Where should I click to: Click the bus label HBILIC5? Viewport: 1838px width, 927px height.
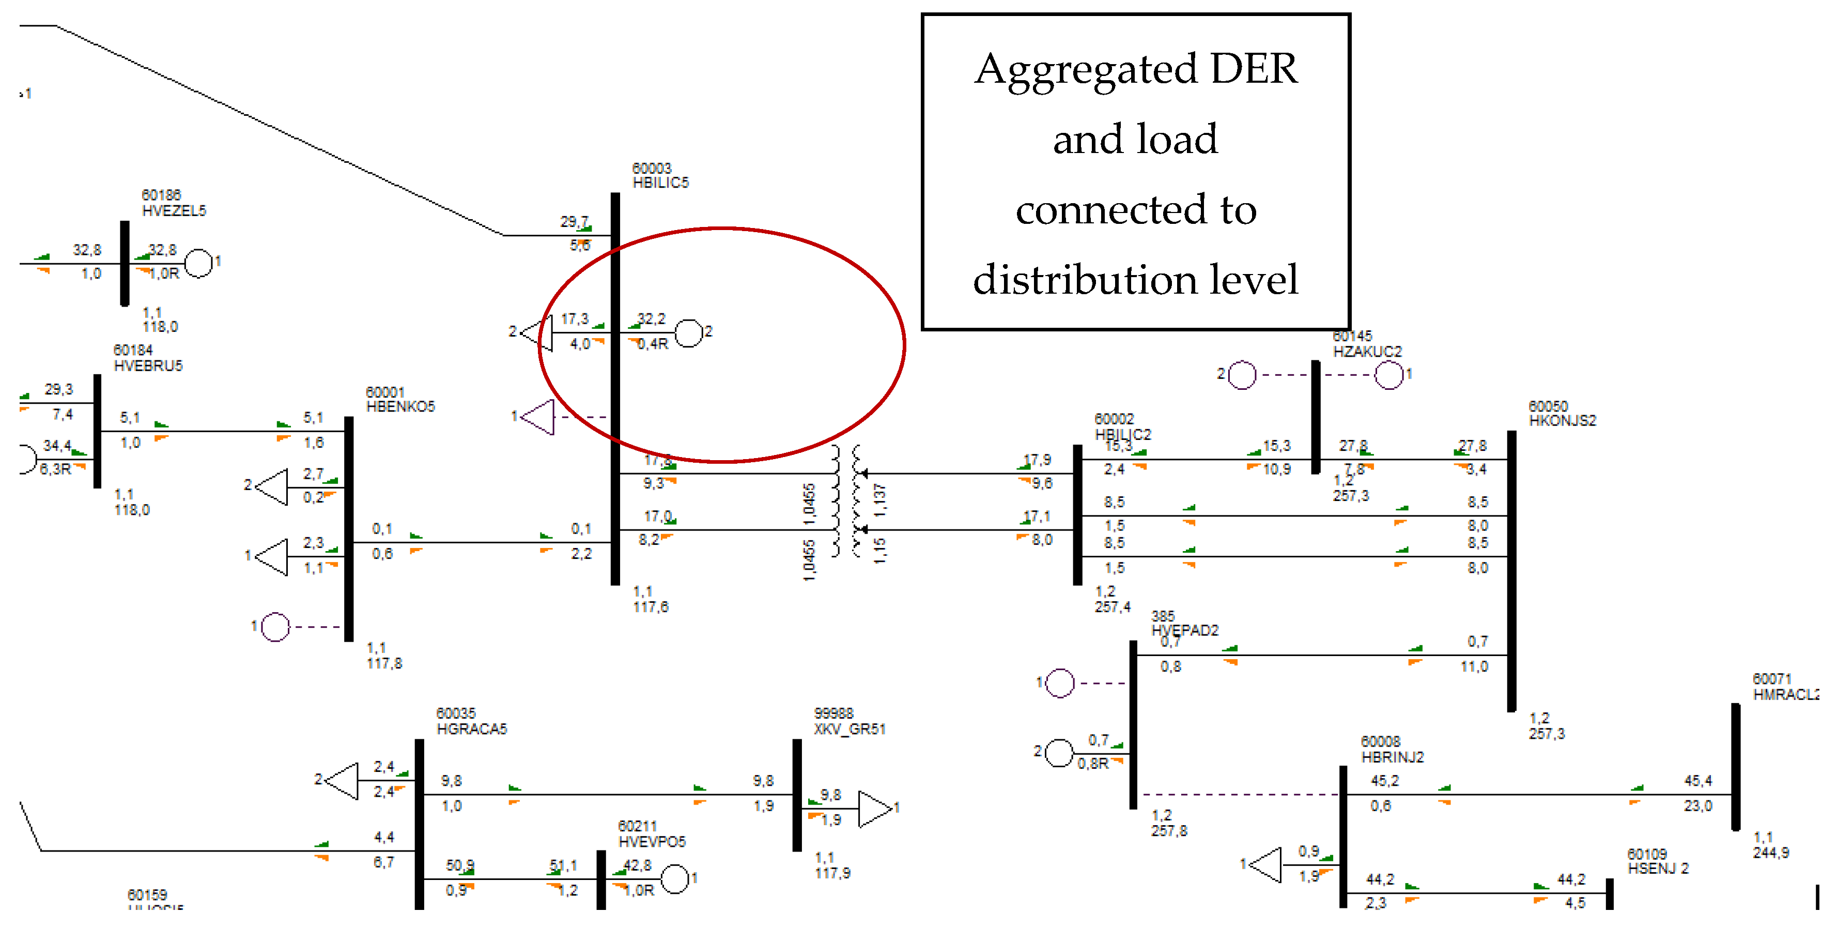click(660, 183)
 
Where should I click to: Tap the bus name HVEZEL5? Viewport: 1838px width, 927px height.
click(174, 210)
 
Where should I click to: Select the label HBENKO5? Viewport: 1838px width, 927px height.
click(400, 407)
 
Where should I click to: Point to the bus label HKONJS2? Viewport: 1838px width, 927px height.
click(1563, 420)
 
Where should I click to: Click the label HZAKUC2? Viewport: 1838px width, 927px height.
click(1367, 351)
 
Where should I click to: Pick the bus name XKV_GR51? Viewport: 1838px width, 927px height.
click(849, 728)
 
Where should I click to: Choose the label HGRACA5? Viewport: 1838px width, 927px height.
click(472, 728)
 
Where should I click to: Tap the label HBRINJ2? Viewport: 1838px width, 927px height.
click(1392, 757)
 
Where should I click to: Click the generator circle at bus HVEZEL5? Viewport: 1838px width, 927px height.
click(199, 263)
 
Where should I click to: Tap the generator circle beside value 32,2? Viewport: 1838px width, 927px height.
click(688, 332)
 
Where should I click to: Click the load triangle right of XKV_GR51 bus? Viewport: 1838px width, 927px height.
click(874, 809)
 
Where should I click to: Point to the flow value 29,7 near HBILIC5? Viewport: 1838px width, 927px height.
click(574, 222)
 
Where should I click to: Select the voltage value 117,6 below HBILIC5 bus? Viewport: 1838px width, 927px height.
click(651, 607)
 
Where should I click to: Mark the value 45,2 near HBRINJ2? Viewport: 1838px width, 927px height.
click(1384, 781)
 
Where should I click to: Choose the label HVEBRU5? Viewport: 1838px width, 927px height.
click(148, 366)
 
